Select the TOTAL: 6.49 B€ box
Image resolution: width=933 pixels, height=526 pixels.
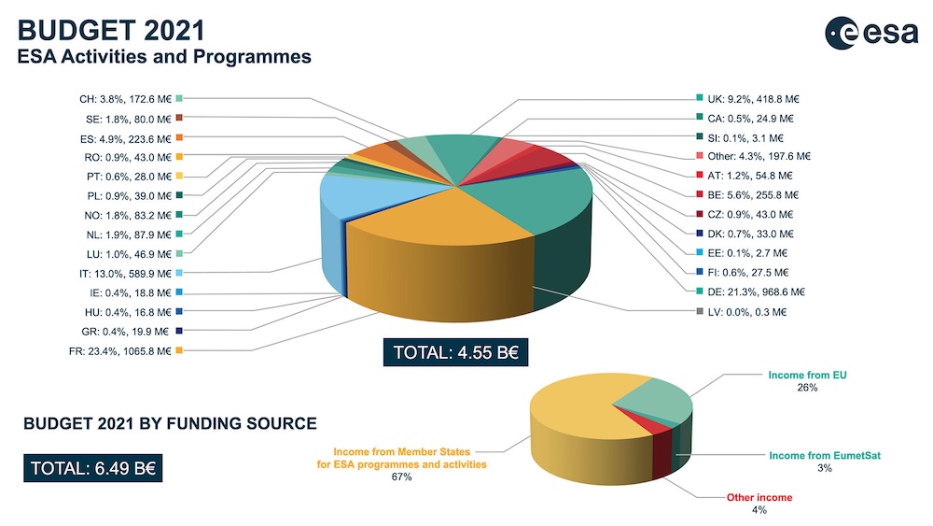pos(94,468)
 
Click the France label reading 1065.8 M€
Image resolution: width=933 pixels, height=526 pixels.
pos(126,350)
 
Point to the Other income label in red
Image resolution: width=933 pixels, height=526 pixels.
pos(759,497)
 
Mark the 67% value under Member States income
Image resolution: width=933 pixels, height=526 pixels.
pos(402,476)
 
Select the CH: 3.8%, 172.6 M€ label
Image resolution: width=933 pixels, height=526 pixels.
pos(125,98)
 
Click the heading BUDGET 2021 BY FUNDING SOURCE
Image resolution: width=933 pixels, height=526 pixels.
pos(170,423)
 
